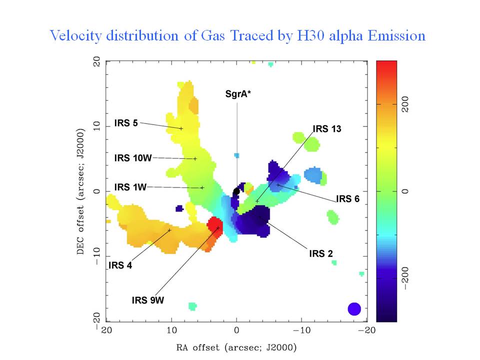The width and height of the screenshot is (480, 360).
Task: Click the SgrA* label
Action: click(x=237, y=93)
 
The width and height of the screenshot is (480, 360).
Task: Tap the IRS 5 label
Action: click(x=126, y=123)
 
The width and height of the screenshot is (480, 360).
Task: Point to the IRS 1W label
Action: click(x=130, y=187)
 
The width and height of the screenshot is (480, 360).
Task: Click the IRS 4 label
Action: click(x=120, y=265)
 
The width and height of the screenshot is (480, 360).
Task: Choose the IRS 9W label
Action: click(x=148, y=300)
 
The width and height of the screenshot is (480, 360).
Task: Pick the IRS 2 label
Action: click(x=321, y=253)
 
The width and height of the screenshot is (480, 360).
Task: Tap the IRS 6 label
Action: click(x=347, y=199)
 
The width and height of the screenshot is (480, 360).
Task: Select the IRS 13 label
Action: click(x=327, y=129)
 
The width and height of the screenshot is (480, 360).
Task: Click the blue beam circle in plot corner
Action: click(x=354, y=309)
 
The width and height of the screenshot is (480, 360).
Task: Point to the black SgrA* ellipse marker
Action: click(x=236, y=192)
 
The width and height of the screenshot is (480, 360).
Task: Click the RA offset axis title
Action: click(x=235, y=347)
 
